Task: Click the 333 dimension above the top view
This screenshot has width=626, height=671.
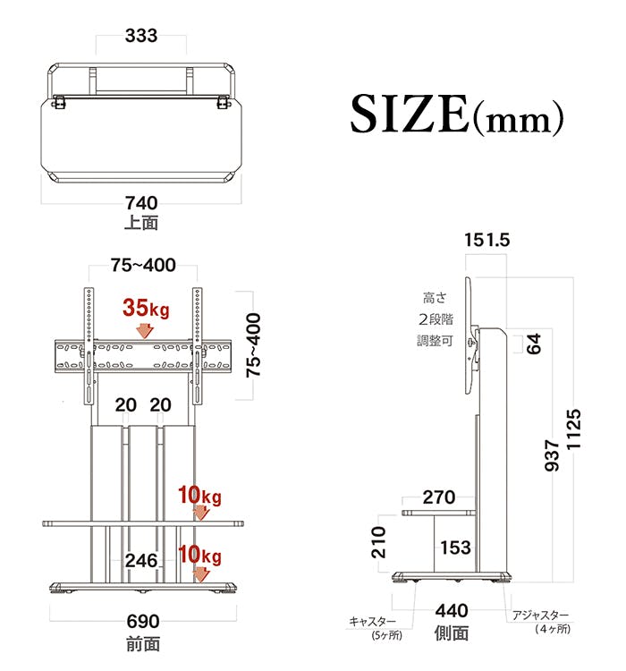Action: pos(141,36)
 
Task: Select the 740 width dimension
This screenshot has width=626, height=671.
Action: pos(141,203)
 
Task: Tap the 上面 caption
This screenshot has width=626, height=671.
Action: pos(141,223)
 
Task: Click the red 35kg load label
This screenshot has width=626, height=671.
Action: pos(146,308)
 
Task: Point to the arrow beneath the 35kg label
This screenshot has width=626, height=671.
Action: pos(145,331)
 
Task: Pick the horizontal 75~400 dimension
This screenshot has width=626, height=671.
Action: pos(143,266)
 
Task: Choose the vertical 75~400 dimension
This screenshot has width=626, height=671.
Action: pos(253,345)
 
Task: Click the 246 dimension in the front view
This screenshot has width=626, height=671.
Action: pos(141,561)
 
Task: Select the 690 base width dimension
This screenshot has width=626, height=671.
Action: pos(143,622)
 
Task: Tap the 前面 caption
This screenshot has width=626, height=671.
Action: pos(143,644)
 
